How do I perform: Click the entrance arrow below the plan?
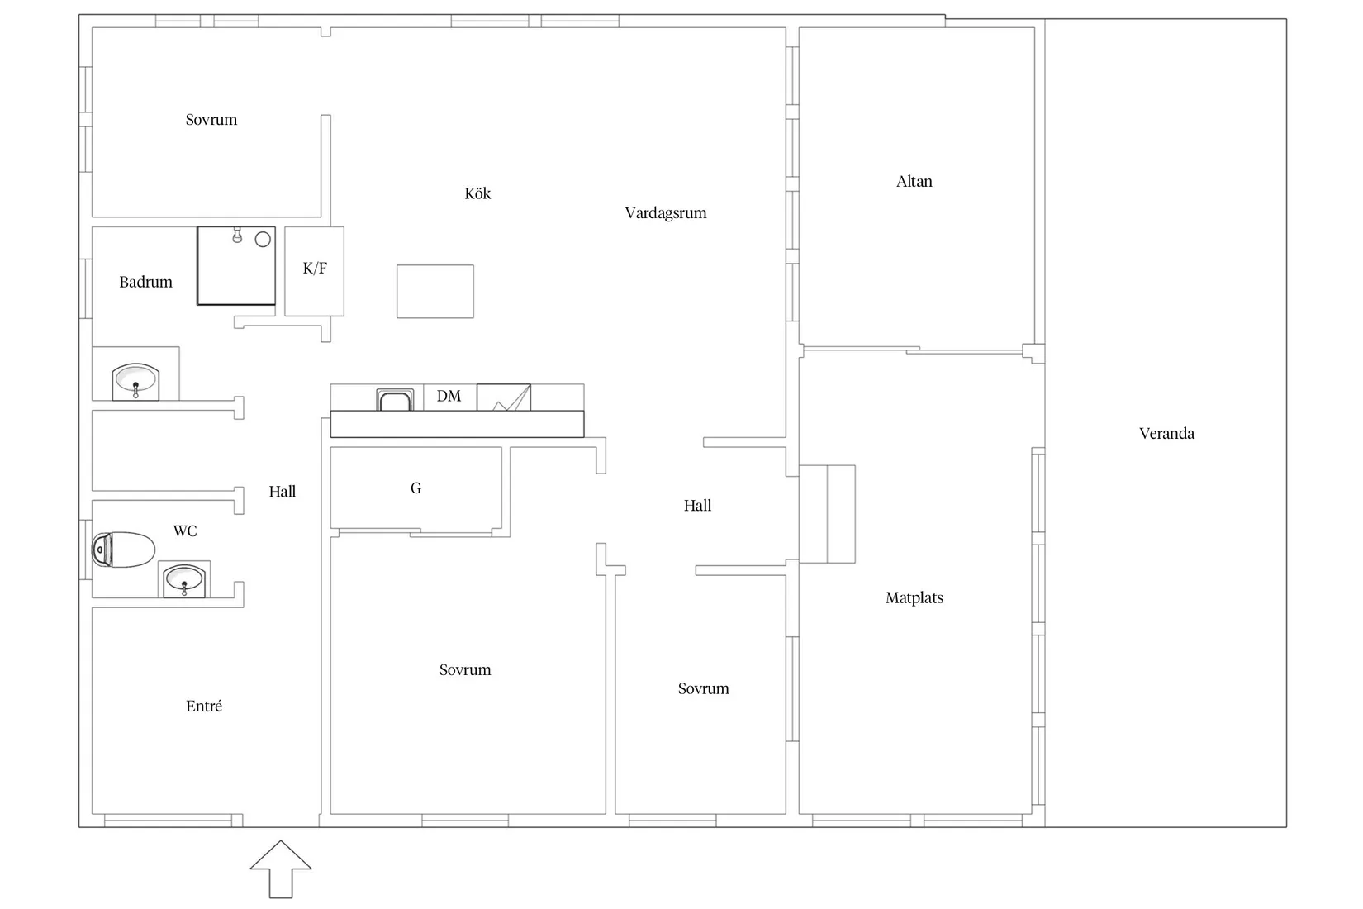click(x=281, y=869)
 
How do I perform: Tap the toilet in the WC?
click(x=123, y=550)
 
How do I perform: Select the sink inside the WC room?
click(x=183, y=579)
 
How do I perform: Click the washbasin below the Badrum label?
click(x=135, y=381)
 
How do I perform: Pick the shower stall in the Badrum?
click(x=236, y=265)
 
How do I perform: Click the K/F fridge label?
click(x=315, y=268)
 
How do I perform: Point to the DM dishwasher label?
click(x=449, y=397)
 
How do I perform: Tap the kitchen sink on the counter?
click(x=395, y=399)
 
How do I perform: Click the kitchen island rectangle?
click(x=435, y=291)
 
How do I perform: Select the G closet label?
click(x=416, y=488)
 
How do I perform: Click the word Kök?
click(x=477, y=193)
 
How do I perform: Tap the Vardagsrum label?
click(x=666, y=213)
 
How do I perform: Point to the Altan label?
click(x=914, y=182)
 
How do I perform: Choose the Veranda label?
click(x=1166, y=434)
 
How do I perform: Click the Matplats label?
click(x=914, y=598)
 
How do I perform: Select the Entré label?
click(x=204, y=707)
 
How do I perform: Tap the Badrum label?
click(x=145, y=282)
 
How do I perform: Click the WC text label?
click(x=185, y=531)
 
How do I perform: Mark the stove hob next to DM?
click(x=504, y=397)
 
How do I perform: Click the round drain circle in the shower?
click(x=263, y=240)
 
